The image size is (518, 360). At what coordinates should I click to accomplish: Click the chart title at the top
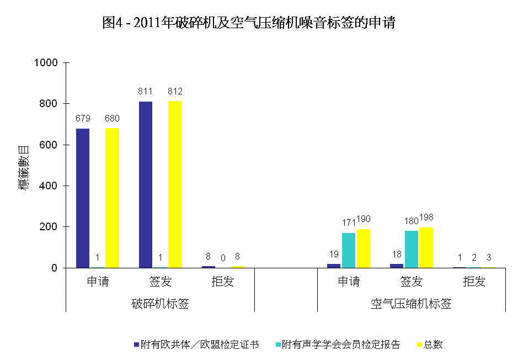pos(249,23)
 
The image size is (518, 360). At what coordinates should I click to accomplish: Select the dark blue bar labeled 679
pos(83,198)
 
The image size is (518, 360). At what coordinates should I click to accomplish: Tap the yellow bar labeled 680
pos(112,198)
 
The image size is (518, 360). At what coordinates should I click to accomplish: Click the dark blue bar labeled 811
pos(146,184)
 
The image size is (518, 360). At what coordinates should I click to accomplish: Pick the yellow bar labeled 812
pos(175,184)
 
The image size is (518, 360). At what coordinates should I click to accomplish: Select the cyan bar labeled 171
pos(349,250)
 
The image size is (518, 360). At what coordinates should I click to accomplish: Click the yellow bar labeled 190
pos(363,248)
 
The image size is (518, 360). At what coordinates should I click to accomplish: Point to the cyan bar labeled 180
pos(412,249)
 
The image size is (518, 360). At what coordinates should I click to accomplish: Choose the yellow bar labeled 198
pos(426,247)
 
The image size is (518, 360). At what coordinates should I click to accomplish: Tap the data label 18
pos(396,255)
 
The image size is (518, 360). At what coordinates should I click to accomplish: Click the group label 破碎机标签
pos(161,304)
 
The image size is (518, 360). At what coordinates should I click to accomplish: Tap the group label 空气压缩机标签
pos(411,304)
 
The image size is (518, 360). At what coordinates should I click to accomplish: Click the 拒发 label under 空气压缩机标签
pos(474,282)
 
